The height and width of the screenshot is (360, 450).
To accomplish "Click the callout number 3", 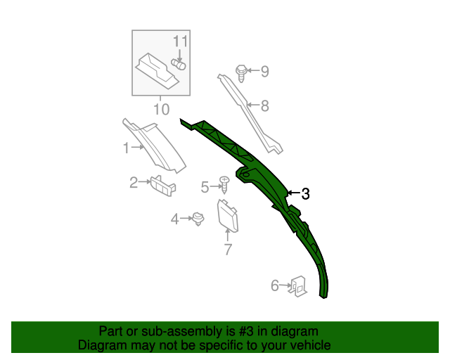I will coord(305,194).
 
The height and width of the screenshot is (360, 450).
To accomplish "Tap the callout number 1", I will coord(127,148).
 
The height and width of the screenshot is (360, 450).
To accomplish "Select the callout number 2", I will coord(134,183).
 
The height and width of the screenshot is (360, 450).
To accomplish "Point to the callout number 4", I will coord(175,219).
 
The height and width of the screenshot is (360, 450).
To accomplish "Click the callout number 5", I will coord(205,187).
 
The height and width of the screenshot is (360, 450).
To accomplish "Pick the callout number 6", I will coord(275,285).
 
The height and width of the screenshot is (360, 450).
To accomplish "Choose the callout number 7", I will coord(228,249).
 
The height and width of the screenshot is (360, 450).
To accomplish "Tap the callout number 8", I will coord(265,106).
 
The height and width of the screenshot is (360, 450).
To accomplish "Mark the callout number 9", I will coord(265,71).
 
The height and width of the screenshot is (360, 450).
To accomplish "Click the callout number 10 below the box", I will coord(161,109).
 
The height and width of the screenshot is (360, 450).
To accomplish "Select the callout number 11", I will coord(181,41).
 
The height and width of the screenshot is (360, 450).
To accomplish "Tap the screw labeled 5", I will coord(224,185).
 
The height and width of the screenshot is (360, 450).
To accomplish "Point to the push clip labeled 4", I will coord(199,219).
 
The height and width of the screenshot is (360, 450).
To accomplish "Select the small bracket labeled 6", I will coord(299,285).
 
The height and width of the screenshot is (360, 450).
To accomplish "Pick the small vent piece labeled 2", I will coord(163,185).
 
